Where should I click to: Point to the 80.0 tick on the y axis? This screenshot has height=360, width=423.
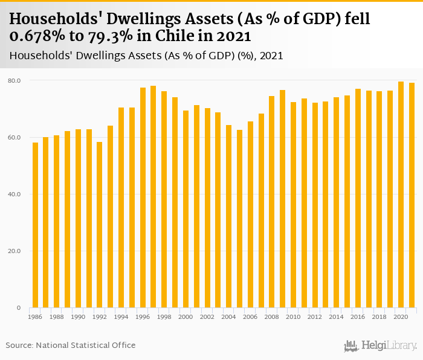pos(15,80)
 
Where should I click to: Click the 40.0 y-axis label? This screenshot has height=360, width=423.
pos(15,194)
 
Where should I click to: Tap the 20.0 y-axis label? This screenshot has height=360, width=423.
pos(15,251)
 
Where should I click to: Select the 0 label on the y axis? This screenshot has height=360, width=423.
pos(19,308)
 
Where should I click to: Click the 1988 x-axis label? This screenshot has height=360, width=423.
pos(57,317)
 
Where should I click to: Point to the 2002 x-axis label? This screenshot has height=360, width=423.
pos(207,317)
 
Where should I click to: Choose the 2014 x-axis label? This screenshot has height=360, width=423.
pos(337,317)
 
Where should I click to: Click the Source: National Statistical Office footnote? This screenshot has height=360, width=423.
pos(71,345)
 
